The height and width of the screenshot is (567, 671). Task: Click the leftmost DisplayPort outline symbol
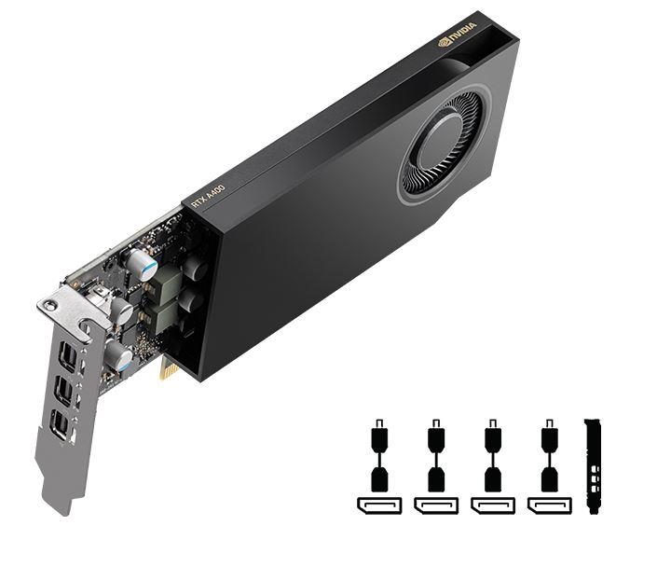point(378,505)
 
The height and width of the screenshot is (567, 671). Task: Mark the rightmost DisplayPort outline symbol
point(550,505)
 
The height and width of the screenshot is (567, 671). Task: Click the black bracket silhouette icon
point(592,466)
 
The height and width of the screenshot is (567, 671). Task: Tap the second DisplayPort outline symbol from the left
point(435,505)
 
